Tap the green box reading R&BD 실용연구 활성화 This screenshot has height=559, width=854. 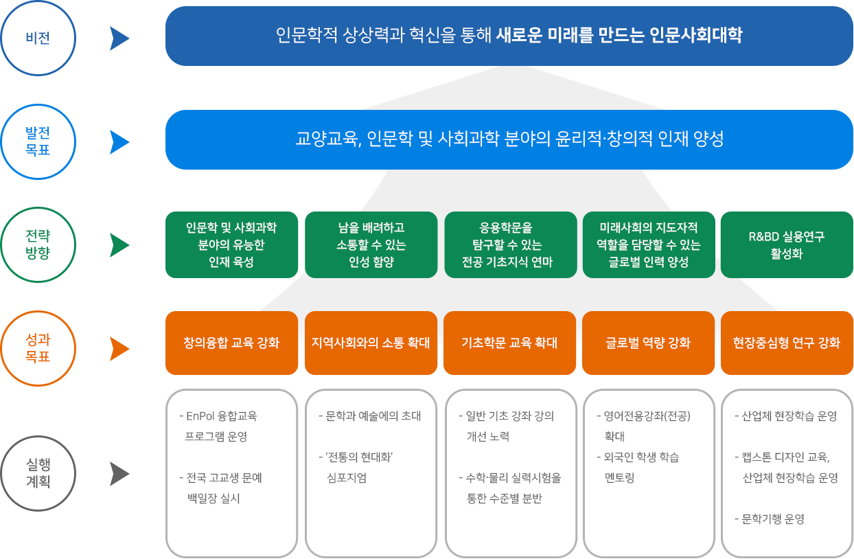787,244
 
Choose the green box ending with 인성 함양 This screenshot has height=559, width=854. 371,244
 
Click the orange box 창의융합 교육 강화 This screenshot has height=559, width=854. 231,343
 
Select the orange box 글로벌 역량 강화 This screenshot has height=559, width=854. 648,343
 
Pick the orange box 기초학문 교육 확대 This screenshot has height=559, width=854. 510,343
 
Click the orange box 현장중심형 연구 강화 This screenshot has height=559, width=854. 787,343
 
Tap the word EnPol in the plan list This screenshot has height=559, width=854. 200,416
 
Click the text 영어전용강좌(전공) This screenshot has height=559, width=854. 647,416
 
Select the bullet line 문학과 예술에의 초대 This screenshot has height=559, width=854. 370,416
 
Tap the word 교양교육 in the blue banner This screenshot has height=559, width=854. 327,139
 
